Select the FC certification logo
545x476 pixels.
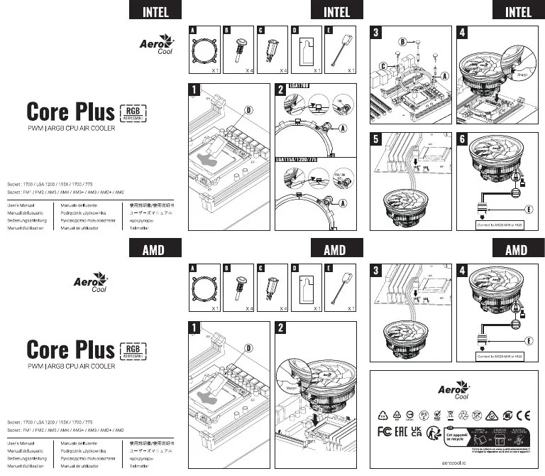pos(384,432)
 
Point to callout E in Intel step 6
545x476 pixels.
pos(529,210)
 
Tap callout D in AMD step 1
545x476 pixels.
pos(248,348)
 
